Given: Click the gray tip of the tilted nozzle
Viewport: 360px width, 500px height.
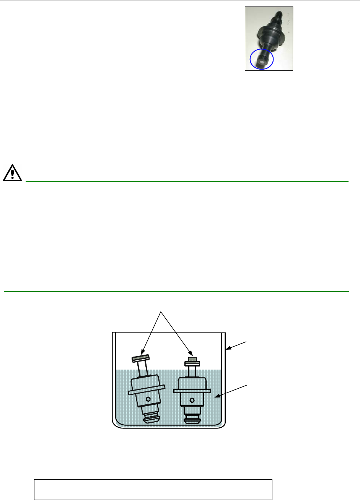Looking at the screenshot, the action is pyautogui.click(x=140, y=358).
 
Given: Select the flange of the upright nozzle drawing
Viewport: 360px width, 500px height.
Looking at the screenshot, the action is pyautogui.click(x=192, y=391).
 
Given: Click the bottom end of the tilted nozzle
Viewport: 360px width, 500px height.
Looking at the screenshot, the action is pyautogui.click(x=151, y=420).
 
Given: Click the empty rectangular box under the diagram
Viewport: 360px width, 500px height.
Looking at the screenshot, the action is pyautogui.click(x=153, y=489).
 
